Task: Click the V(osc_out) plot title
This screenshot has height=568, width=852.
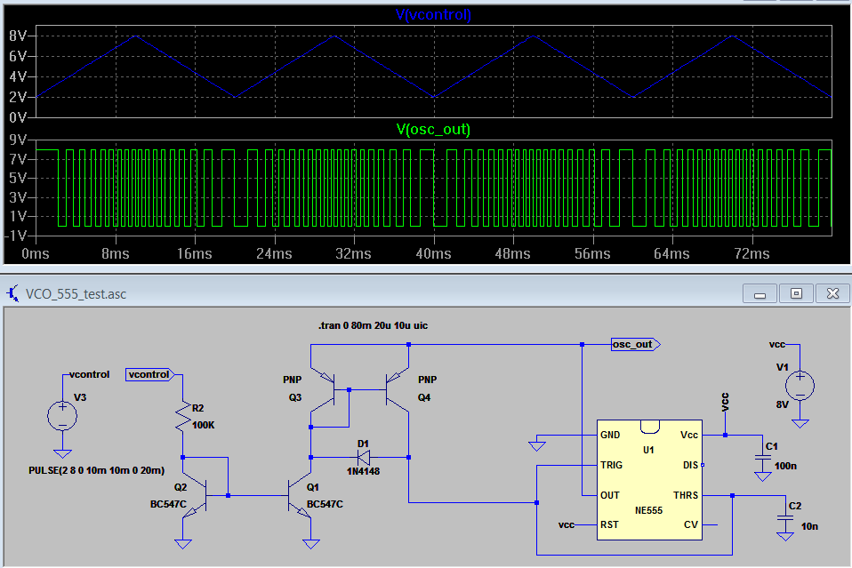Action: pos(432,130)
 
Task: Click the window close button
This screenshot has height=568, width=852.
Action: pos(832,293)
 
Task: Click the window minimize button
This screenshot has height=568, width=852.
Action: pos(760,293)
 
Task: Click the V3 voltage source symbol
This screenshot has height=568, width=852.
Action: pos(62,414)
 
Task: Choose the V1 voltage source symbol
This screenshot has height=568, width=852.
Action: pos(800,384)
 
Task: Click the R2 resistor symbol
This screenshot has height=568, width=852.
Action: pos(183,417)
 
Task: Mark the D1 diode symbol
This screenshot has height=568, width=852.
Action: pos(363,457)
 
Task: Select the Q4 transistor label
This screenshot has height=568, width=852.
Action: pos(424,397)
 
